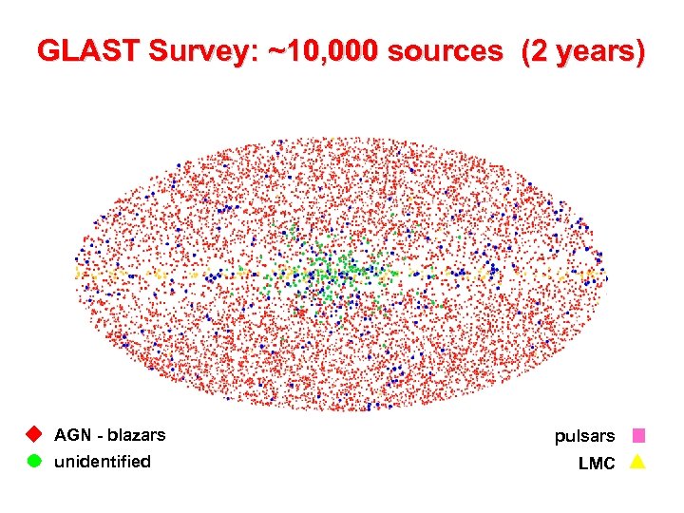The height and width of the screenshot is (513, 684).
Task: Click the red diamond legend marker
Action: (x=33, y=435)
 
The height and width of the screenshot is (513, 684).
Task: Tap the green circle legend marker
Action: (x=33, y=462)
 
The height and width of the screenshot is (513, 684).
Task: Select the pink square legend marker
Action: (x=638, y=436)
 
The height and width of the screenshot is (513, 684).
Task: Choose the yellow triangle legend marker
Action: (x=638, y=463)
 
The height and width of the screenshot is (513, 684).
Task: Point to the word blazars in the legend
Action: (x=136, y=435)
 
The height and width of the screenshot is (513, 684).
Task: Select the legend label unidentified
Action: (x=103, y=462)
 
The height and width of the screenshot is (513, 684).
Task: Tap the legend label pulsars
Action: (x=585, y=436)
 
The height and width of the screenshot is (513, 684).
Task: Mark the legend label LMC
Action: (x=597, y=464)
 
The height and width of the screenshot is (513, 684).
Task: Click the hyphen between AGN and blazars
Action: (x=99, y=436)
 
